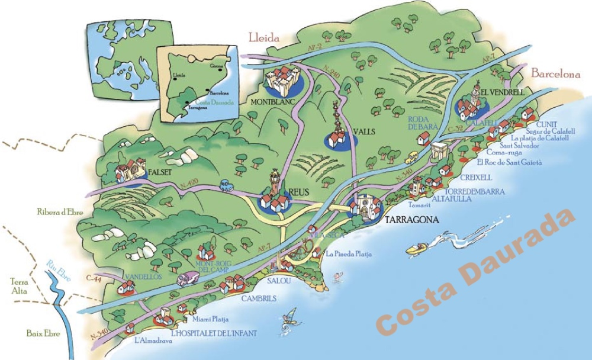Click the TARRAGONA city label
[412, 220]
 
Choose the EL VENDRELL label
[503, 93]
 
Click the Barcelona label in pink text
[554, 75]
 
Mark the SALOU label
[279, 281]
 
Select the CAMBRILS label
[259, 298]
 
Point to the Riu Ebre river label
[57, 265]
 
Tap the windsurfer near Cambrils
[288, 318]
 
